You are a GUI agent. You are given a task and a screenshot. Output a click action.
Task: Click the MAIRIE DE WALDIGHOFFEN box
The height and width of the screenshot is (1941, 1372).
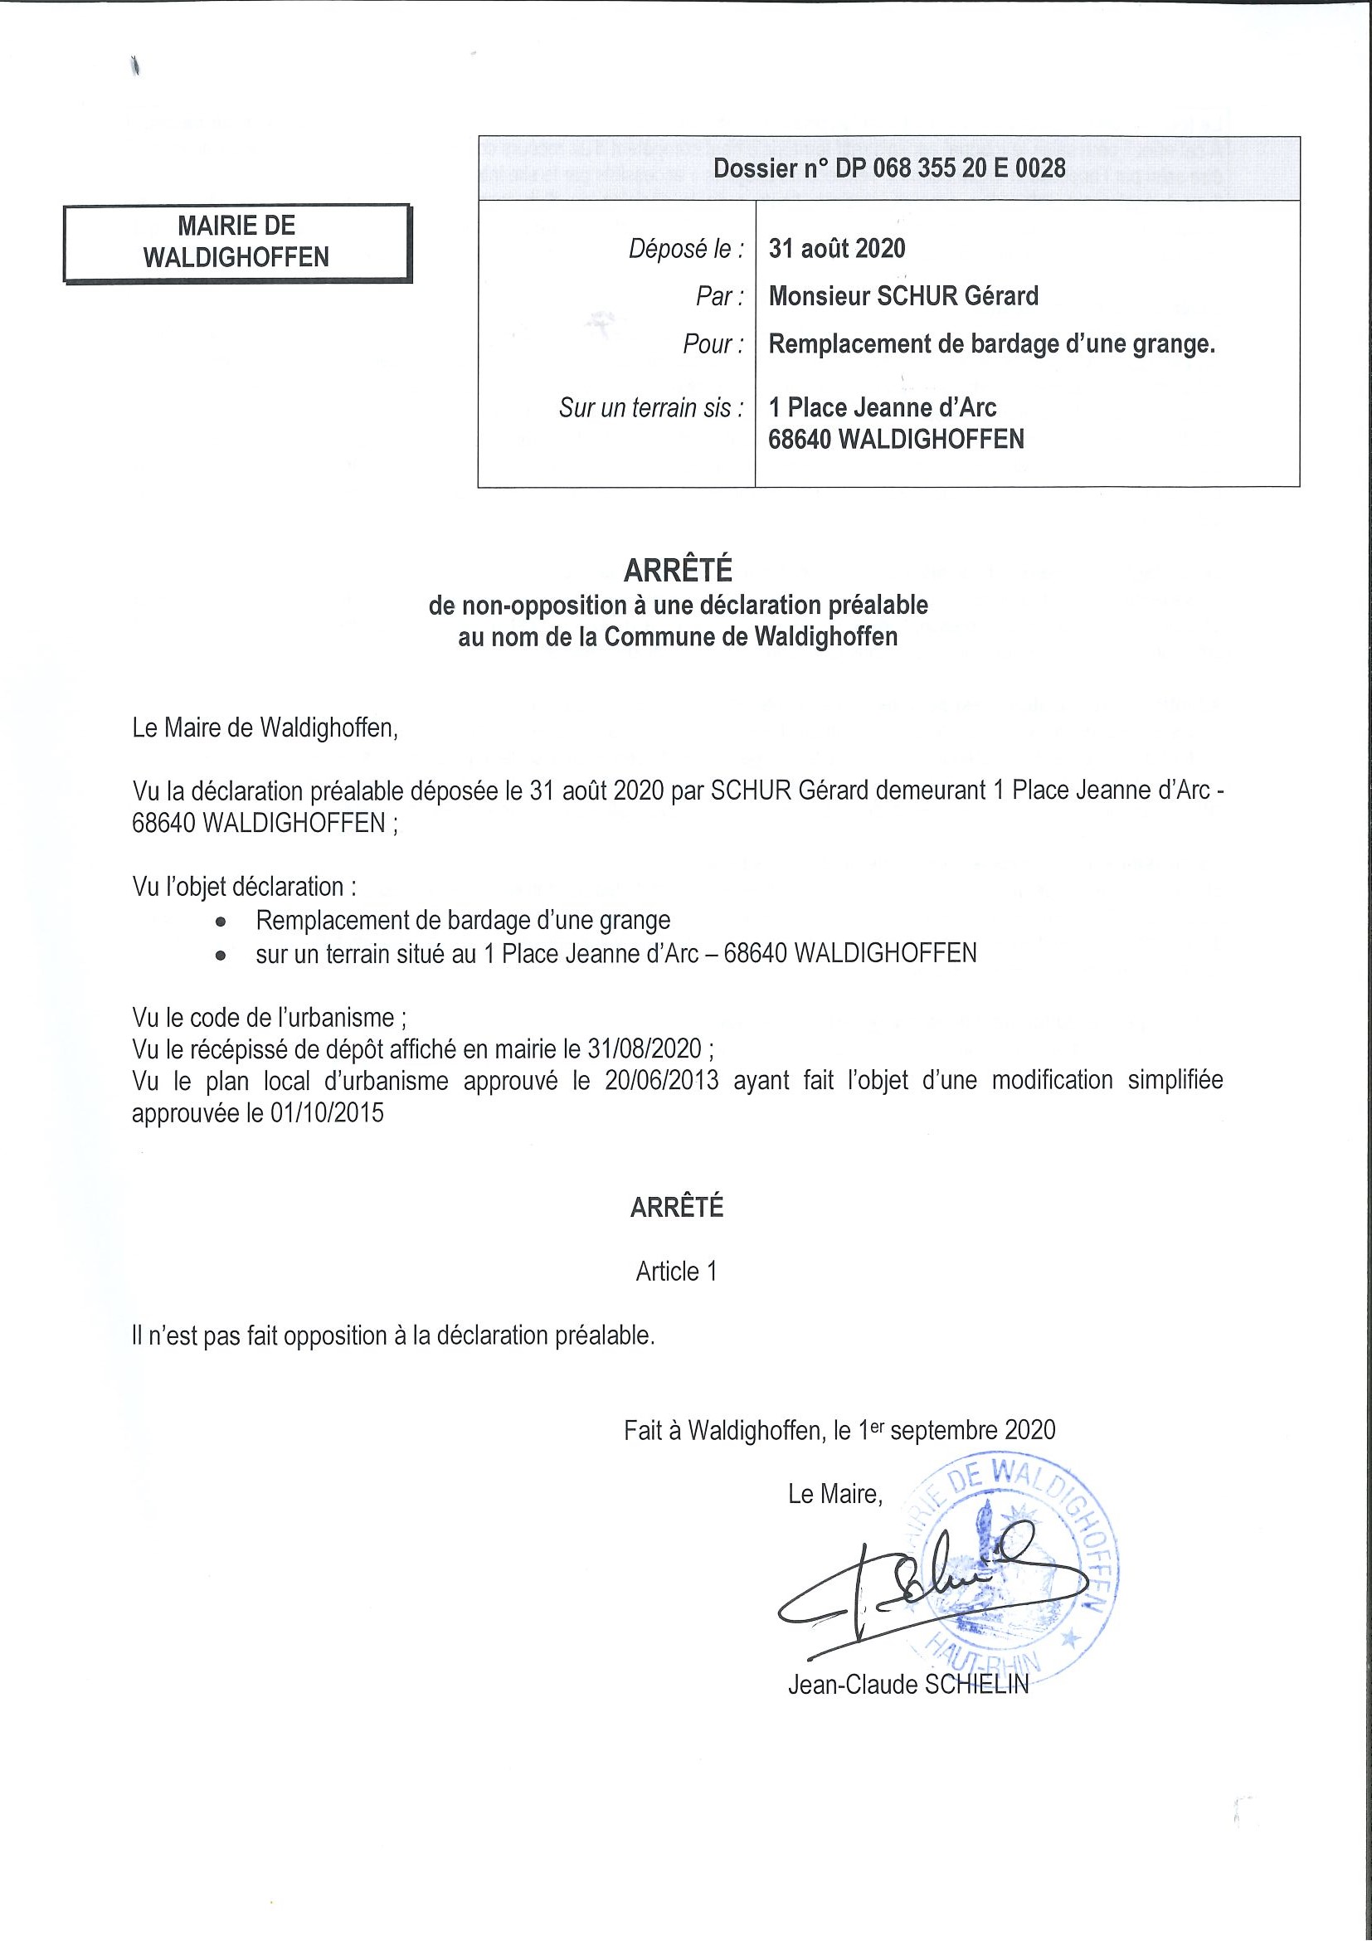[236, 241]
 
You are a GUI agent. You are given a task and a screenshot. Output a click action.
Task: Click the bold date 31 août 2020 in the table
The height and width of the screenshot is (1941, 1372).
[836, 249]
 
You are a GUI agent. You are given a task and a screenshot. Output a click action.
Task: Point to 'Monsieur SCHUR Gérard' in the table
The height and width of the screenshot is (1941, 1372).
[903, 296]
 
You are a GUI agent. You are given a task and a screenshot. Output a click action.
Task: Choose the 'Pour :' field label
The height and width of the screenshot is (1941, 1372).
[713, 344]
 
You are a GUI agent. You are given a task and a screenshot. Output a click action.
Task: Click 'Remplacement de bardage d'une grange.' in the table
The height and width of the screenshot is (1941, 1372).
[990, 344]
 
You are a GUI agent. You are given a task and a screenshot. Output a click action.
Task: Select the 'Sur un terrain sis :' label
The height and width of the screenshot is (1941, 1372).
[651, 408]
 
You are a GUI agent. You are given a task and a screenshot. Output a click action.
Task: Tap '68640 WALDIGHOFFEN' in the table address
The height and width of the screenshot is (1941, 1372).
[895, 440]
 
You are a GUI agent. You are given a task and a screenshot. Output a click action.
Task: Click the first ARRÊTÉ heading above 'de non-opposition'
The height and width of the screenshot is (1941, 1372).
[677, 572]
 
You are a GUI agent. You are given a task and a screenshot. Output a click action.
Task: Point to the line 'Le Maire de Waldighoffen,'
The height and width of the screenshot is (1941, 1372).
[265, 728]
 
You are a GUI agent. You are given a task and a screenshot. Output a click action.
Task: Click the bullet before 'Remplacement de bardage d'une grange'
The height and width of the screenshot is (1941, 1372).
[221, 921]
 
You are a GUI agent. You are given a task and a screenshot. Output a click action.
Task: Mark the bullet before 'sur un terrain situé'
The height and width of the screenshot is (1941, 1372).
[221, 956]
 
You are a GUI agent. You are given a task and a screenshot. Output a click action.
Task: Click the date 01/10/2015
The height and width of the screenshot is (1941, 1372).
[326, 1112]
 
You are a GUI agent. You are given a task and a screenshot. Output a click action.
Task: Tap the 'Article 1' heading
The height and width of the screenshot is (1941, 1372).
[676, 1272]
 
